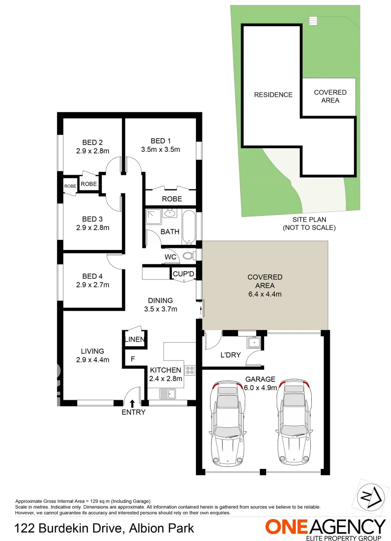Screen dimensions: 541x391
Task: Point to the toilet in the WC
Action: pos(188,256)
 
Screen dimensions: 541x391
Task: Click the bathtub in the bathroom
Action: pos(188,226)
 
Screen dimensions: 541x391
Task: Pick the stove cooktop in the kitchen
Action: pos(190,371)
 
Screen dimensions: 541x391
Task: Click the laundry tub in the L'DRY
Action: pos(252,344)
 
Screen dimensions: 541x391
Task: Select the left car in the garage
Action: pos(229,424)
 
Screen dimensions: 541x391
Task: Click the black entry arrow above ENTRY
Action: pos(132,403)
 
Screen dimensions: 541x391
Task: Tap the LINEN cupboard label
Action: pos(135,340)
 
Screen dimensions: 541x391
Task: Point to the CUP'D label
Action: pos(183,274)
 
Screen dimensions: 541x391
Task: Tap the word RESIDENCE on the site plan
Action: pos(273,95)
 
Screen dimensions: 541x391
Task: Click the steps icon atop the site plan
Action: pos(313,21)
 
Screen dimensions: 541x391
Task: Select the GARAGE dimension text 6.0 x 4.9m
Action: pos(260,386)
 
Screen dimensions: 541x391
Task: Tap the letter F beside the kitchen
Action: pos(132,359)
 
